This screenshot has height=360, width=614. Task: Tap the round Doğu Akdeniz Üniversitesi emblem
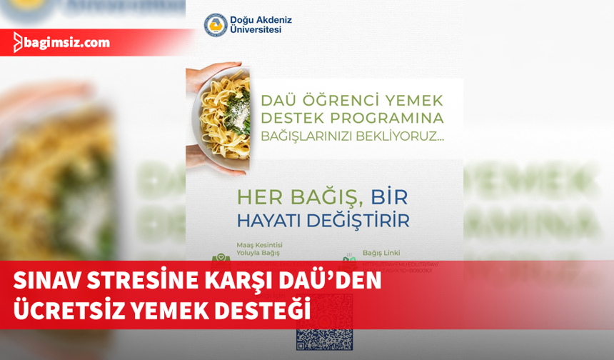click(x=216, y=25)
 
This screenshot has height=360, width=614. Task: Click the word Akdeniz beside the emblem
click(x=274, y=19)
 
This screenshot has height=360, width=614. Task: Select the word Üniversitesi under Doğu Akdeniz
click(x=256, y=31)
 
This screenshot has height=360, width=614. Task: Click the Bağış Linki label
click(x=381, y=252)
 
